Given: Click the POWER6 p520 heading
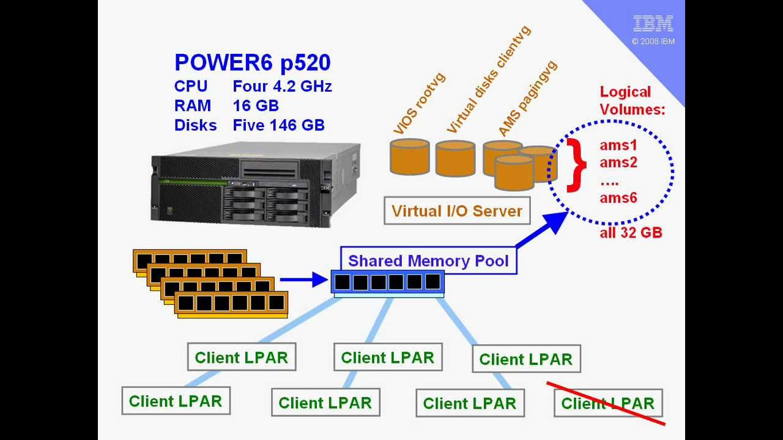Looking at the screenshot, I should point(252,62).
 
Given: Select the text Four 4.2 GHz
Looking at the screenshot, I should point(282,86).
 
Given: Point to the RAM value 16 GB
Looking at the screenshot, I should point(256,106).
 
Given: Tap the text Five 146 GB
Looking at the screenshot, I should point(278,125).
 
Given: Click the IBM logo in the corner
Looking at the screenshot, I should point(653,24).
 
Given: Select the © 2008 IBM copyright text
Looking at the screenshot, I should point(653,42).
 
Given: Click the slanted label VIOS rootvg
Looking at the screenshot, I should point(419,104).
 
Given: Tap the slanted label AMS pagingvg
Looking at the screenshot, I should point(527,98).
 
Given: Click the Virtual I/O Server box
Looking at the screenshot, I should point(456,211).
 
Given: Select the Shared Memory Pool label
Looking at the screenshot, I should point(428,261).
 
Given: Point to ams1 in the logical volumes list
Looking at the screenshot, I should point(618,145).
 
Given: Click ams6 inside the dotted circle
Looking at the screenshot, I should point(618,197).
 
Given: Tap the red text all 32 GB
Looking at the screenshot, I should point(631,233).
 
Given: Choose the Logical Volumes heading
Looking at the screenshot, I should point(631,101).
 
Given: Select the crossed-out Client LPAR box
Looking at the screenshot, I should point(607,403).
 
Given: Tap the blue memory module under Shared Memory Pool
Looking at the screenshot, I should point(387,283).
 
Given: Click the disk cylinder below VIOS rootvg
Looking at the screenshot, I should point(409,157).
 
